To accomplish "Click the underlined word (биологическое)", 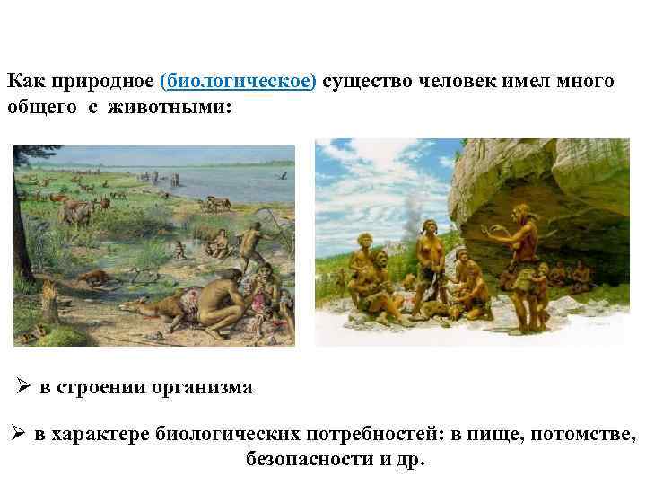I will [x=238, y=82].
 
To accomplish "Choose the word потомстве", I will [x=582, y=436].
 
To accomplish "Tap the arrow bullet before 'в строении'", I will [x=23, y=387].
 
